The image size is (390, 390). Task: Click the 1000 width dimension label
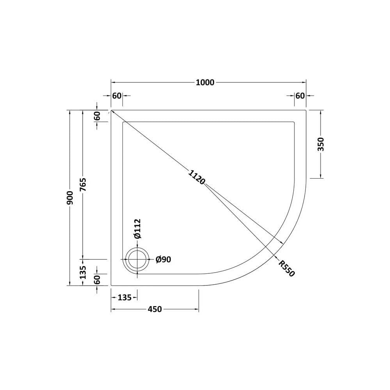[205, 82]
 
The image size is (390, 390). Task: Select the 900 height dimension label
[70, 198]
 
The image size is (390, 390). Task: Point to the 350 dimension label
[321, 144]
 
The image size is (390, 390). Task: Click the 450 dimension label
[155, 309]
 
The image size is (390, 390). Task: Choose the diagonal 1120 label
[196, 177]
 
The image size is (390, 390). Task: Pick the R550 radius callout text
[287, 268]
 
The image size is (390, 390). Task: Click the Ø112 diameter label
[137, 229]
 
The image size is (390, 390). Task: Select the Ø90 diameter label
[163, 260]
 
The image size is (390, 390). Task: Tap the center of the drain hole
[137, 259]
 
